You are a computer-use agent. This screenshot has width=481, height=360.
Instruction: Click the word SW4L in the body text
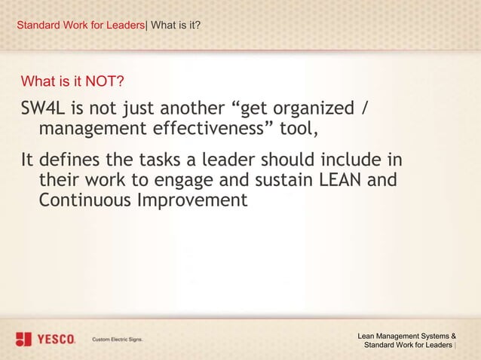[44, 110]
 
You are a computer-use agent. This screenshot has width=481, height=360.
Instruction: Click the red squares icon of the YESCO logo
[25, 340]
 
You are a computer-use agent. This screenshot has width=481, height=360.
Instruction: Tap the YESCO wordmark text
[57, 340]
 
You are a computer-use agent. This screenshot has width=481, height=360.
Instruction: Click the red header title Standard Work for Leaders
[81, 26]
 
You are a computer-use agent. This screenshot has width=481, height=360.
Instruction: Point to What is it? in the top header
[176, 26]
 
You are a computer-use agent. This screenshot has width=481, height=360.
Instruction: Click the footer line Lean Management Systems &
[406, 335]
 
